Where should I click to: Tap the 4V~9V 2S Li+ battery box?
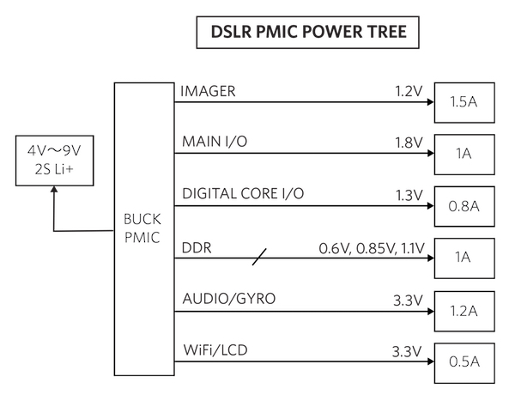(x=53, y=160)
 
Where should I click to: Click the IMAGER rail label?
(x=209, y=91)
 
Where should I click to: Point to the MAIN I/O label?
(x=215, y=142)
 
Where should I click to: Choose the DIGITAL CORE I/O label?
(x=244, y=194)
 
